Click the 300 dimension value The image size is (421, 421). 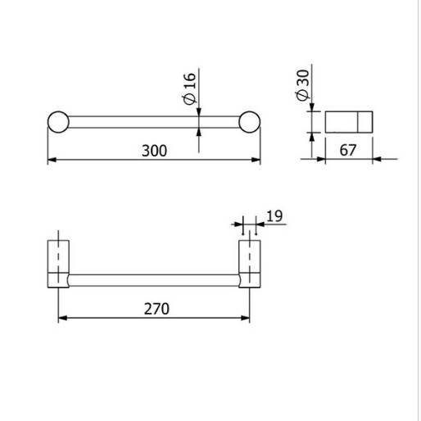154,151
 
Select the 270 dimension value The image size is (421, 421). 156,309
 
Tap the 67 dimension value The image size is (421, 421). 348,150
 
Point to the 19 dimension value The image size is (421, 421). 274,216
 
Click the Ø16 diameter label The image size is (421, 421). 190,88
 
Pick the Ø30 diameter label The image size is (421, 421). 302,85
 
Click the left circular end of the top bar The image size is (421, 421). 58,122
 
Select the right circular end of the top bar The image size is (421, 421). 250,122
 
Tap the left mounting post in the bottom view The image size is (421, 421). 58,264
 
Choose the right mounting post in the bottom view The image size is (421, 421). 250,264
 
